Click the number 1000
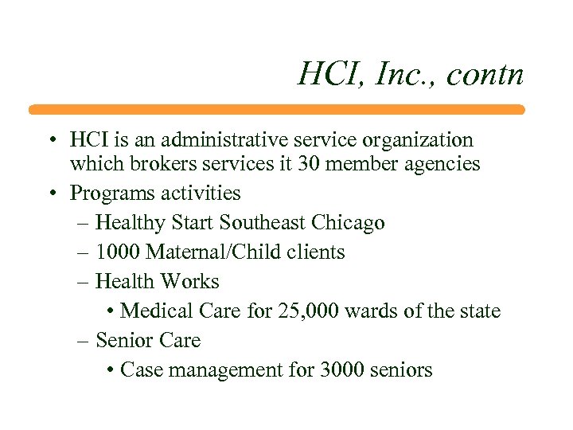click(x=117, y=252)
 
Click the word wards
click(x=372, y=311)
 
